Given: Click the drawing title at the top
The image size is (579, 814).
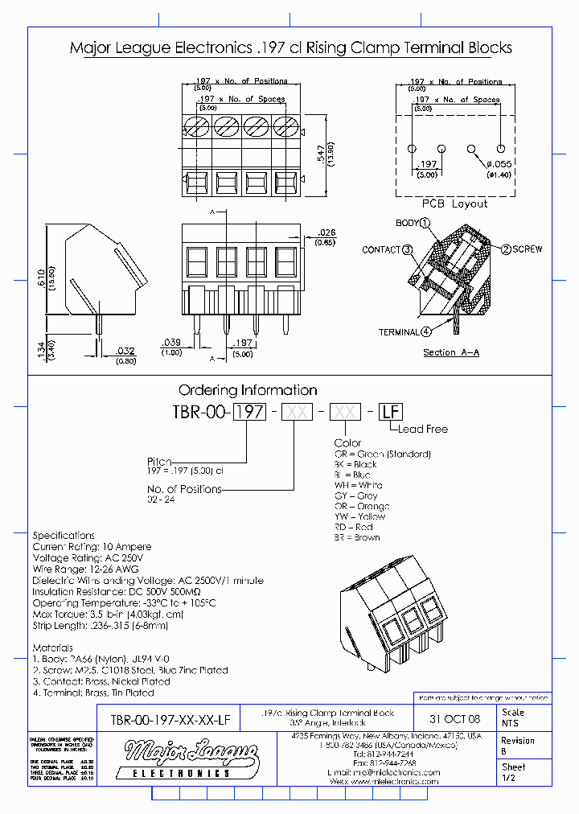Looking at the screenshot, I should pyautogui.click(x=290, y=48).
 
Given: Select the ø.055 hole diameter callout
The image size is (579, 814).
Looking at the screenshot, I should pyautogui.click(x=499, y=163).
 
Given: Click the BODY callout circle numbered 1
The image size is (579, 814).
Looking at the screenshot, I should pyautogui.click(x=425, y=223).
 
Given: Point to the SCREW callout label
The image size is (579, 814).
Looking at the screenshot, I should pyautogui.click(x=527, y=249).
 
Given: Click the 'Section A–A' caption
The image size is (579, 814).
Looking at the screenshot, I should pyautogui.click(x=451, y=352).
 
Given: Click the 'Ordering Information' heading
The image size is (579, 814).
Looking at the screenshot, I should pyautogui.click(x=248, y=390).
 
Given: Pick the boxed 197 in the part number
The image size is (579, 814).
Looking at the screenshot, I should pyautogui.click(x=248, y=412).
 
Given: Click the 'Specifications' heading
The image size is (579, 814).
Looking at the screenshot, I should pyautogui.click(x=64, y=535).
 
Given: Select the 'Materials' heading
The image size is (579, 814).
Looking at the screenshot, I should pyautogui.click(x=52, y=647).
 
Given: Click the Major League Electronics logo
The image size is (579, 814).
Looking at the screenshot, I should pyautogui.click(x=191, y=758).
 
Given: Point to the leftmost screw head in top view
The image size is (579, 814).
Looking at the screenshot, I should pyautogui.click(x=197, y=127).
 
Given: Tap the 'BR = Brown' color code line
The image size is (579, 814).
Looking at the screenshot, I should pyautogui.click(x=357, y=537).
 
